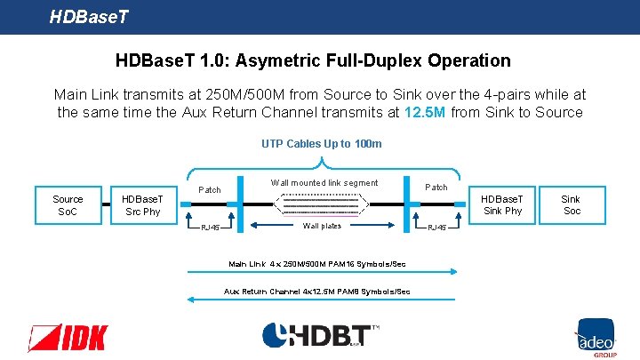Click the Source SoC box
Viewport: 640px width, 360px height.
(68, 205)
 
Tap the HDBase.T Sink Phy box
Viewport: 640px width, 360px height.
(502, 204)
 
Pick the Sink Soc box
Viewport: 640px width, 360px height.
(572, 204)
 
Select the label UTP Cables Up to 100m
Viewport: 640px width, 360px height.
(322, 143)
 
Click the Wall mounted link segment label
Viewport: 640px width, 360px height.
(324, 183)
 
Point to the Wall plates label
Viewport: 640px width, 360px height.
(322, 226)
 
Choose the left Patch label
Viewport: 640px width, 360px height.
(210, 189)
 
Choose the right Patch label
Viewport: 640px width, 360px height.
(436, 187)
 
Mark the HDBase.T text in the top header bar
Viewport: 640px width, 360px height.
(90, 16)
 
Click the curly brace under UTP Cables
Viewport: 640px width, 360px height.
(322, 162)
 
